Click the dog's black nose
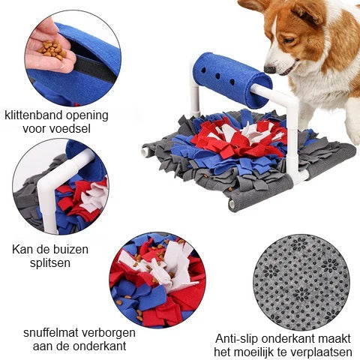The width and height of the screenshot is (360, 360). [270, 70]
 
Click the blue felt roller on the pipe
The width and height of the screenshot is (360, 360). [233, 79]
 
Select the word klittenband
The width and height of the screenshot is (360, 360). [30, 115]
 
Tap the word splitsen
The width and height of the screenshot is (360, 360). [50, 263]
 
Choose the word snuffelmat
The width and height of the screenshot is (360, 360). [51, 333]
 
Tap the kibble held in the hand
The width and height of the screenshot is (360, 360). [53, 49]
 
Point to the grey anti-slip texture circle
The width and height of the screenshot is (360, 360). [301, 283]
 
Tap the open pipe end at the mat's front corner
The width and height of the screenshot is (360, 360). [232, 205]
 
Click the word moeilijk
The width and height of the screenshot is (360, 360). [259, 352]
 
